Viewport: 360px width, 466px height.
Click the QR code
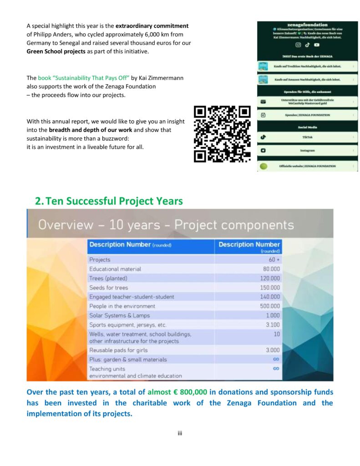tap(222, 134)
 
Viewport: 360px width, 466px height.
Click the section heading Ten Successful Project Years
tap(109, 201)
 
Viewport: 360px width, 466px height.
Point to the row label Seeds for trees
tap(109, 288)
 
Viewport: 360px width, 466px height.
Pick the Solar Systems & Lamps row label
tap(119, 315)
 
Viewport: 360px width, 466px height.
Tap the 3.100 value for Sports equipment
tap(273, 325)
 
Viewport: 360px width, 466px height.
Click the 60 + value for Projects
tap(274, 259)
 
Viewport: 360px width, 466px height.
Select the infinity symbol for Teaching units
tap(276, 369)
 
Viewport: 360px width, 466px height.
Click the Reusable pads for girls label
tap(118, 350)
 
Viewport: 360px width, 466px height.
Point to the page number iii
tap(180, 433)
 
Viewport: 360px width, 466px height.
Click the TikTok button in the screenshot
tap(307, 137)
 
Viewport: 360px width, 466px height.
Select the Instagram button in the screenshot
tap(307, 150)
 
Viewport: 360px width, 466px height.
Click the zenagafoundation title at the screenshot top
tap(307, 25)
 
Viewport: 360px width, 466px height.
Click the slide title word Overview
tap(64, 225)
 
